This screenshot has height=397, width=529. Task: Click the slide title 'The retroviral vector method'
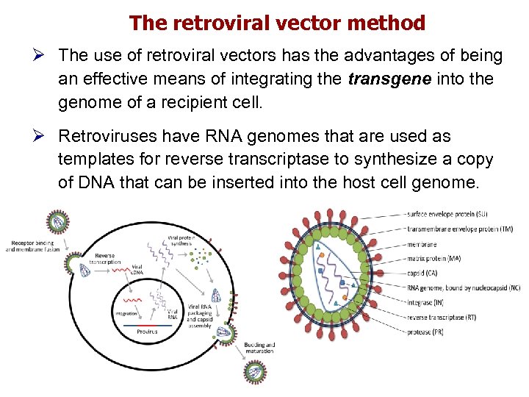277,24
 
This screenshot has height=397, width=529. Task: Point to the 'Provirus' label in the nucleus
147,332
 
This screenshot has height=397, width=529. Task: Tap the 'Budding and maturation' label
259,347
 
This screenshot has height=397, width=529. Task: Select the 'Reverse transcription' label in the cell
105,258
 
